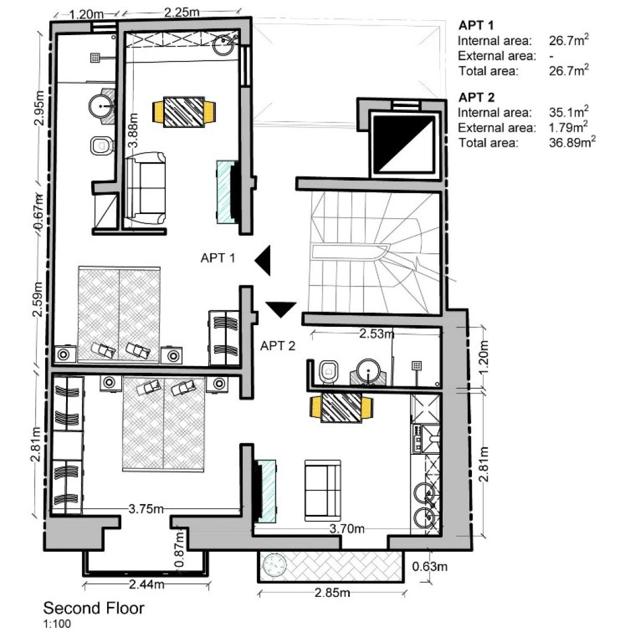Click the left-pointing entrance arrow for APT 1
click(x=264, y=260)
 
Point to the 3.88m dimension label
click(x=134, y=131)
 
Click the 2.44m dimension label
click(x=146, y=585)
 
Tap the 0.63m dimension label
click(x=430, y=567)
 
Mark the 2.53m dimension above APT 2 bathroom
click(x=377, y=334)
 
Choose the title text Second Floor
click(x=93, y=609)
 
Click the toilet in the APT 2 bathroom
click(x=328, y=372)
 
